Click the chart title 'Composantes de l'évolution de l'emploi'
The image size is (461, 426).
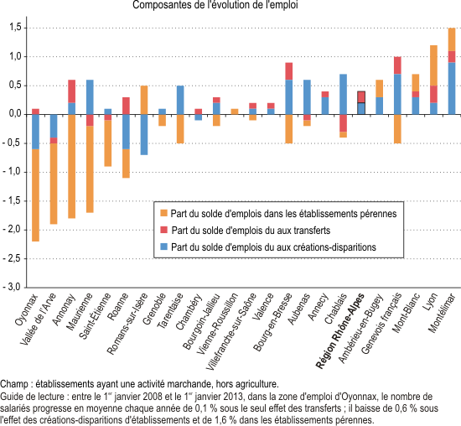click(215, 5)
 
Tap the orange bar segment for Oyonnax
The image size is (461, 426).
click(35, 195)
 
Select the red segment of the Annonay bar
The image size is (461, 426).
click(72, 91)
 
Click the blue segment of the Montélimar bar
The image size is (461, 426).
click(452, 88)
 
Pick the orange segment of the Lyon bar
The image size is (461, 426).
click(433, 65)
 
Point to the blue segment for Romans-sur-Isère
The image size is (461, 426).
click(144, 134)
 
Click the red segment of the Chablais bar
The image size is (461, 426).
click(343, 123)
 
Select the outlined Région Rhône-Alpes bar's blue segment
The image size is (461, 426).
click(361, 108)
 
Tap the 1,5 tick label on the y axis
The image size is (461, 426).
click(16, 28)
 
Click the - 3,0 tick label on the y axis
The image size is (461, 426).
click(12, 287)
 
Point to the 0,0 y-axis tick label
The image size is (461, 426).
click(16, 113)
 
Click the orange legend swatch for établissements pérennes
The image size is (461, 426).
click(163, 213)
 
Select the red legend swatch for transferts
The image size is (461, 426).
click(163, 230)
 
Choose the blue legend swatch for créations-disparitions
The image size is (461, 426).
click(163, 247)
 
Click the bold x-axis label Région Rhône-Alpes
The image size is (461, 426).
click(339, 331)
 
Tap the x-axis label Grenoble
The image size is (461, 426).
click(154, 309)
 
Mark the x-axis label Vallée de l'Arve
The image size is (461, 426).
click(38, 319)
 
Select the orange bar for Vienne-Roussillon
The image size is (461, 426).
click(235, 112)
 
